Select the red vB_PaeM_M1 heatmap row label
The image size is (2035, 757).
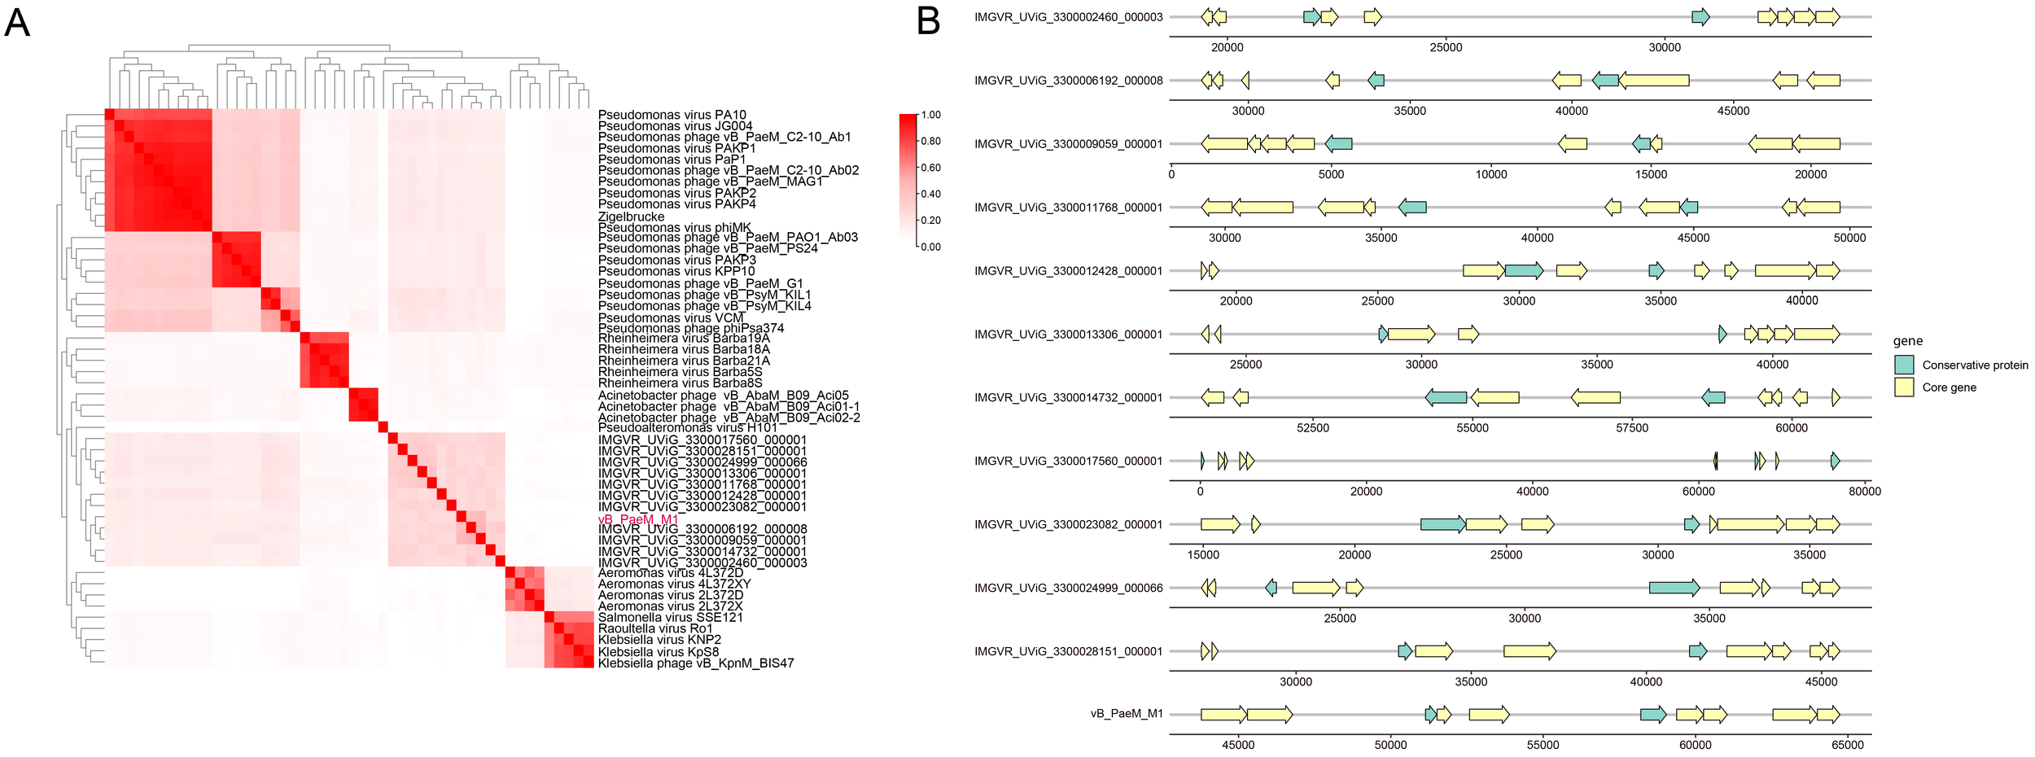[x=637, y=519]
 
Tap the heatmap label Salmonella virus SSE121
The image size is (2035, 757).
[x=670, y=617]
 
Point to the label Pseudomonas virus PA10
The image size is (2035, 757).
[x=672, y=116]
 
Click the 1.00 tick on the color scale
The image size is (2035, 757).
[x=931, y=115]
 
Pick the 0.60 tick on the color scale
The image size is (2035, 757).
[x=931, y=168]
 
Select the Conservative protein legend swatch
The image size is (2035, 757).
[x=1904, y=365]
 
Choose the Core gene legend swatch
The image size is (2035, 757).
[x=1904, y=387]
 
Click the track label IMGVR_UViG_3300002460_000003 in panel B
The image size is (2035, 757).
[x=1068, y=17]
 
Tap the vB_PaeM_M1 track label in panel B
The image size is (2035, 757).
[x=1127, y=714]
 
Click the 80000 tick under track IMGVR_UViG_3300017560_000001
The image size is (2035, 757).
[x=1865, y=492]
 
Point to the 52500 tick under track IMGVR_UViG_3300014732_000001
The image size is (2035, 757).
[x=1312, y=428]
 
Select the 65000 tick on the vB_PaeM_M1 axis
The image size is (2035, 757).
[x=1848, y=745]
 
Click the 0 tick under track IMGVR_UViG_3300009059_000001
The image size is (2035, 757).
[x=1171, y=174]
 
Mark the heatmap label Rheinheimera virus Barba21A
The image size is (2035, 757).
[x=684, y=361]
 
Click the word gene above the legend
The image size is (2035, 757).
[x=1908, y=341]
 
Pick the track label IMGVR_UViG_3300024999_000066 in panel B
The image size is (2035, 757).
[x=1068, y=588]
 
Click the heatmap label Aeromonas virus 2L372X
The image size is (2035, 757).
[x=670, y=606]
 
